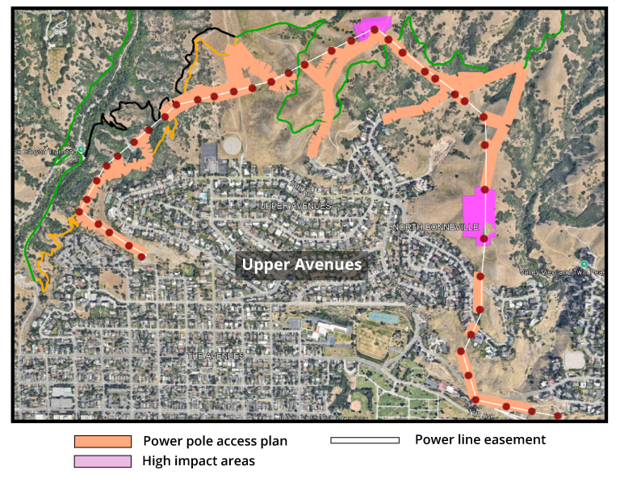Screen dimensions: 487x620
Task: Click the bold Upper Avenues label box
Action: [302, 264]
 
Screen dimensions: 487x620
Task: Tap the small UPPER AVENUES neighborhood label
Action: [295, 206]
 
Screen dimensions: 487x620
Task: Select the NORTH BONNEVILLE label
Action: [436, 228]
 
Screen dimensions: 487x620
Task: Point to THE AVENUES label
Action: [215, 355]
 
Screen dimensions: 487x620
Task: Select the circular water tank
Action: [232, 146]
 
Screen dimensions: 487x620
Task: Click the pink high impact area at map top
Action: [371, 27]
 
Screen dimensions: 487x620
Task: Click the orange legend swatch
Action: [103, 442]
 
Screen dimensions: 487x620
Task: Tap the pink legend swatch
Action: [103, 461]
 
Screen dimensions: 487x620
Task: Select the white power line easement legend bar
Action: [365, 440]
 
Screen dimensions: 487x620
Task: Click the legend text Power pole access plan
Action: [215, 441]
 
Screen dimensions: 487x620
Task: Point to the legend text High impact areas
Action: [199, 461]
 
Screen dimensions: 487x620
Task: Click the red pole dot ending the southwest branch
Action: [141, 257]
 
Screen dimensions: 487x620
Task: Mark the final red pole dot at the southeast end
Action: [558, 415]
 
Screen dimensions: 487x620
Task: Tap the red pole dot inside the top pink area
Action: [374, 30]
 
